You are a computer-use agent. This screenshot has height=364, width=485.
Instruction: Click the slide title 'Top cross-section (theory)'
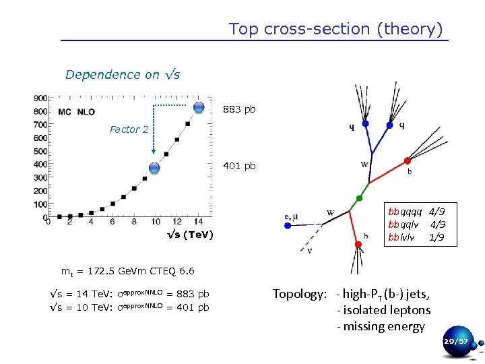tap(335, 29)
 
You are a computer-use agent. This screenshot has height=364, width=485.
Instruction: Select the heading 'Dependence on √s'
tap(123, 75)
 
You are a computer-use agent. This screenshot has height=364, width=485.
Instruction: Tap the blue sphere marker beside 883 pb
tap(199, 108)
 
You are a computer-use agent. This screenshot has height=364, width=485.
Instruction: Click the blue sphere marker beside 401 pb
tap(154, 169)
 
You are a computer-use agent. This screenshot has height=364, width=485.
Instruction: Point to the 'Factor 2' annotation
tap(129, 129)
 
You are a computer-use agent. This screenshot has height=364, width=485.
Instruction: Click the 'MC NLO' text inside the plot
tap(76, 111)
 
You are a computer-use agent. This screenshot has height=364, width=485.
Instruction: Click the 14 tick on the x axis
tap(197, 222)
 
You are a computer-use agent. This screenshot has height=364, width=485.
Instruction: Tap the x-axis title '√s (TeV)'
tap(191, 235)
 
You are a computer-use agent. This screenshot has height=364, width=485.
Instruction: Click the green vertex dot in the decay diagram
tap(360, 198)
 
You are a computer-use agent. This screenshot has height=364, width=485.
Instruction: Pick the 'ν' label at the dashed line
tap(309, 251)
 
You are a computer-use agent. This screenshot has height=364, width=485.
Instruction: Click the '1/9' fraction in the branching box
tap(437, 238)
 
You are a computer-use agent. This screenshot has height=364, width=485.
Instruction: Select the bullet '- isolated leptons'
tap(383, 310)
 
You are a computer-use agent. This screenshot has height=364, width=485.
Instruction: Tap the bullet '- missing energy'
tap(381, 326)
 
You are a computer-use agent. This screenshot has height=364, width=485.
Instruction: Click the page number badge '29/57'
tap(455, 342)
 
